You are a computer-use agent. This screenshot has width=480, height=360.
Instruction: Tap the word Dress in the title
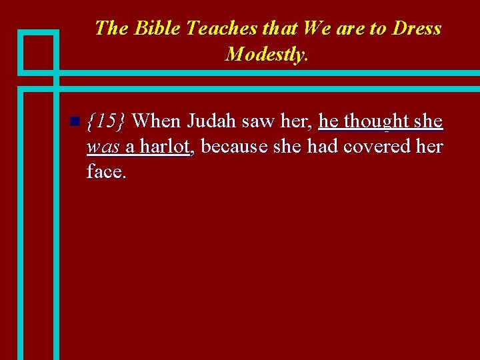(x=417, y=28)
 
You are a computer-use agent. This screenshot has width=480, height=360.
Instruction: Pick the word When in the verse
(x=159, y=121)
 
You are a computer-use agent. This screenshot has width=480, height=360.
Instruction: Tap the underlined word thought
(x=377, y=121)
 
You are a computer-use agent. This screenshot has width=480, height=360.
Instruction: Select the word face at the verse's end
(x=105, y=172)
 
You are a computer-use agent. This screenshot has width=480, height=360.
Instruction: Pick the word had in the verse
(x=323, y=147)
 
